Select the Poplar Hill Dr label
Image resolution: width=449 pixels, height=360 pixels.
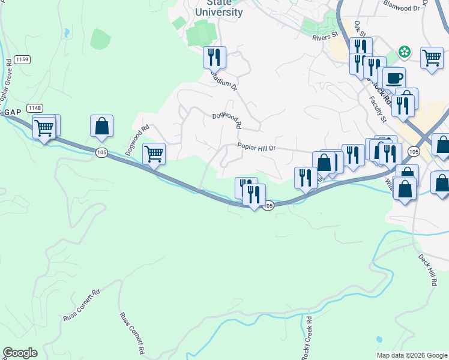click(256, 148)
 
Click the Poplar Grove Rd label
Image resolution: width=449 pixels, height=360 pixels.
click(7, 79)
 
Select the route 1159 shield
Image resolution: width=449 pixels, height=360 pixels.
click(23, 59)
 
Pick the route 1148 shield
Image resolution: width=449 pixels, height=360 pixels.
click(35, 107)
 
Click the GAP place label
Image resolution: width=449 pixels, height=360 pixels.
click(11, 112)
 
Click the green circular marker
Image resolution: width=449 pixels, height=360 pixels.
click(406, 52)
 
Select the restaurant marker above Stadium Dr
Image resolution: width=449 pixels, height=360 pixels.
click(214, 57)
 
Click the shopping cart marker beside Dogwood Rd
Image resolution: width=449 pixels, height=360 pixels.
click(154, 154)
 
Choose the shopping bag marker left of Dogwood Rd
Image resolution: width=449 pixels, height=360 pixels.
click(101, 126)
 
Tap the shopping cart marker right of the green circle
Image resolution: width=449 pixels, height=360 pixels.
click(432, 58)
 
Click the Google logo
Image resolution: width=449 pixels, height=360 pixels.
click(20, 353)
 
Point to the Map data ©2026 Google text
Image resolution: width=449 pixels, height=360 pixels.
click(411, 355)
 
